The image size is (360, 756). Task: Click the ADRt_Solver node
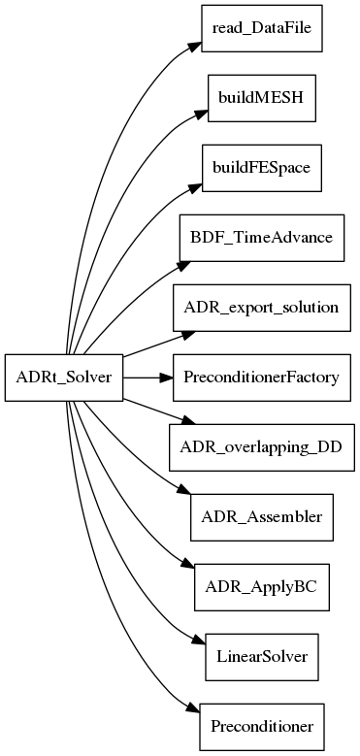[x=65, y=378]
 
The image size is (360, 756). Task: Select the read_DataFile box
[x=260, y=28]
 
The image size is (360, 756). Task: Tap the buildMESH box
[x=261, y=98]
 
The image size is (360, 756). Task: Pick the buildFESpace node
[x=261, y=168]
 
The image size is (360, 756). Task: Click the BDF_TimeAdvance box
[x=261, y=238]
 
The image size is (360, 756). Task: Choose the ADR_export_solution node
[x=261, y=308]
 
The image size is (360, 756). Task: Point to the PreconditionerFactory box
[x=261, y=378]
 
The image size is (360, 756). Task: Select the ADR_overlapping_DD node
[x=261, y=447]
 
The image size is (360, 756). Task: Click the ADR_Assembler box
[x=261, y=517]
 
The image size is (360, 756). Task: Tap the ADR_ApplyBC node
[x=261, y=587]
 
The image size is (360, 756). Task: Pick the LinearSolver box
[x=261, y=657]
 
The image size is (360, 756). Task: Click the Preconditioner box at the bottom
[x=261, y=727]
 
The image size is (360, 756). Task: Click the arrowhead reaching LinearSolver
[x=196, y=643]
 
